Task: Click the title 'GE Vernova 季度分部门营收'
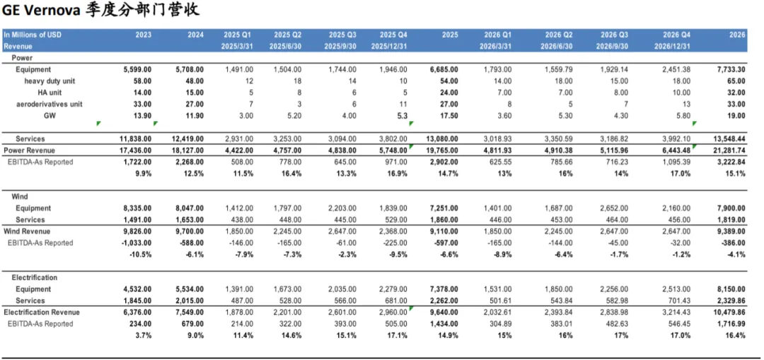(100, 10)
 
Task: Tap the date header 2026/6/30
(557, 46)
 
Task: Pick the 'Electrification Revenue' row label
(42, 312)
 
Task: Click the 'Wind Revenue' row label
(26, 231)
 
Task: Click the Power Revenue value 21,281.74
(728, 151)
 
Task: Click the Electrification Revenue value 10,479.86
(728, 312)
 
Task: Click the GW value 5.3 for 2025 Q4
(400, 115)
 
